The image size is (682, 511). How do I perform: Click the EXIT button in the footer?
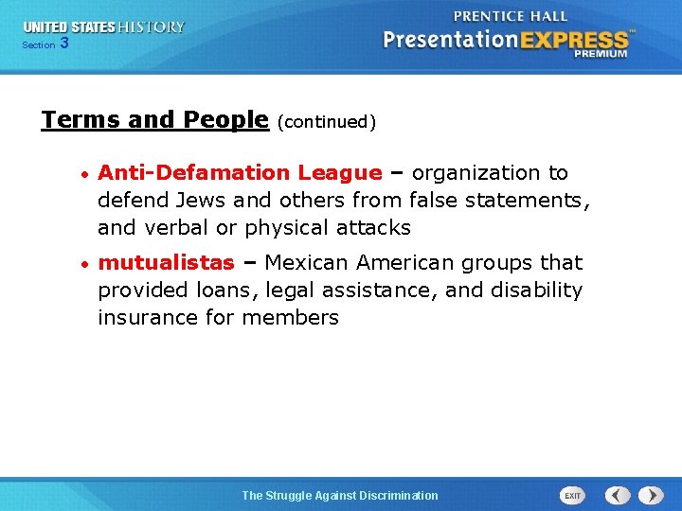point(572,495)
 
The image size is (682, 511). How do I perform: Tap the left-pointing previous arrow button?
point(618,495)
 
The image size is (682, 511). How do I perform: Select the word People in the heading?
point(224,120)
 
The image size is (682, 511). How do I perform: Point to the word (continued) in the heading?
point(327,122)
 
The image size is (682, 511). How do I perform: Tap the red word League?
point(339,173)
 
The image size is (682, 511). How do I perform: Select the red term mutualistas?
point(166,262)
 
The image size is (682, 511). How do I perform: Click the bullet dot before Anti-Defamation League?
point(84,175)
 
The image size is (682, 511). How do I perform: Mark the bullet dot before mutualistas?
point(84,264)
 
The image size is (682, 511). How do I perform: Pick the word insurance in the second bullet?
point(143,318)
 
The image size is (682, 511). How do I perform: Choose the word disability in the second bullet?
point(537,290)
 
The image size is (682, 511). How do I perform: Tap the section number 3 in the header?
point(63,43)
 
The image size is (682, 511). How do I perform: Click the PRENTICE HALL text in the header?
point(511,16)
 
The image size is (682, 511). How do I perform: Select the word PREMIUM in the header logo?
point(601,54)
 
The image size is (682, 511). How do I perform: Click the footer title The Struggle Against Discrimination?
point(340,495)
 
